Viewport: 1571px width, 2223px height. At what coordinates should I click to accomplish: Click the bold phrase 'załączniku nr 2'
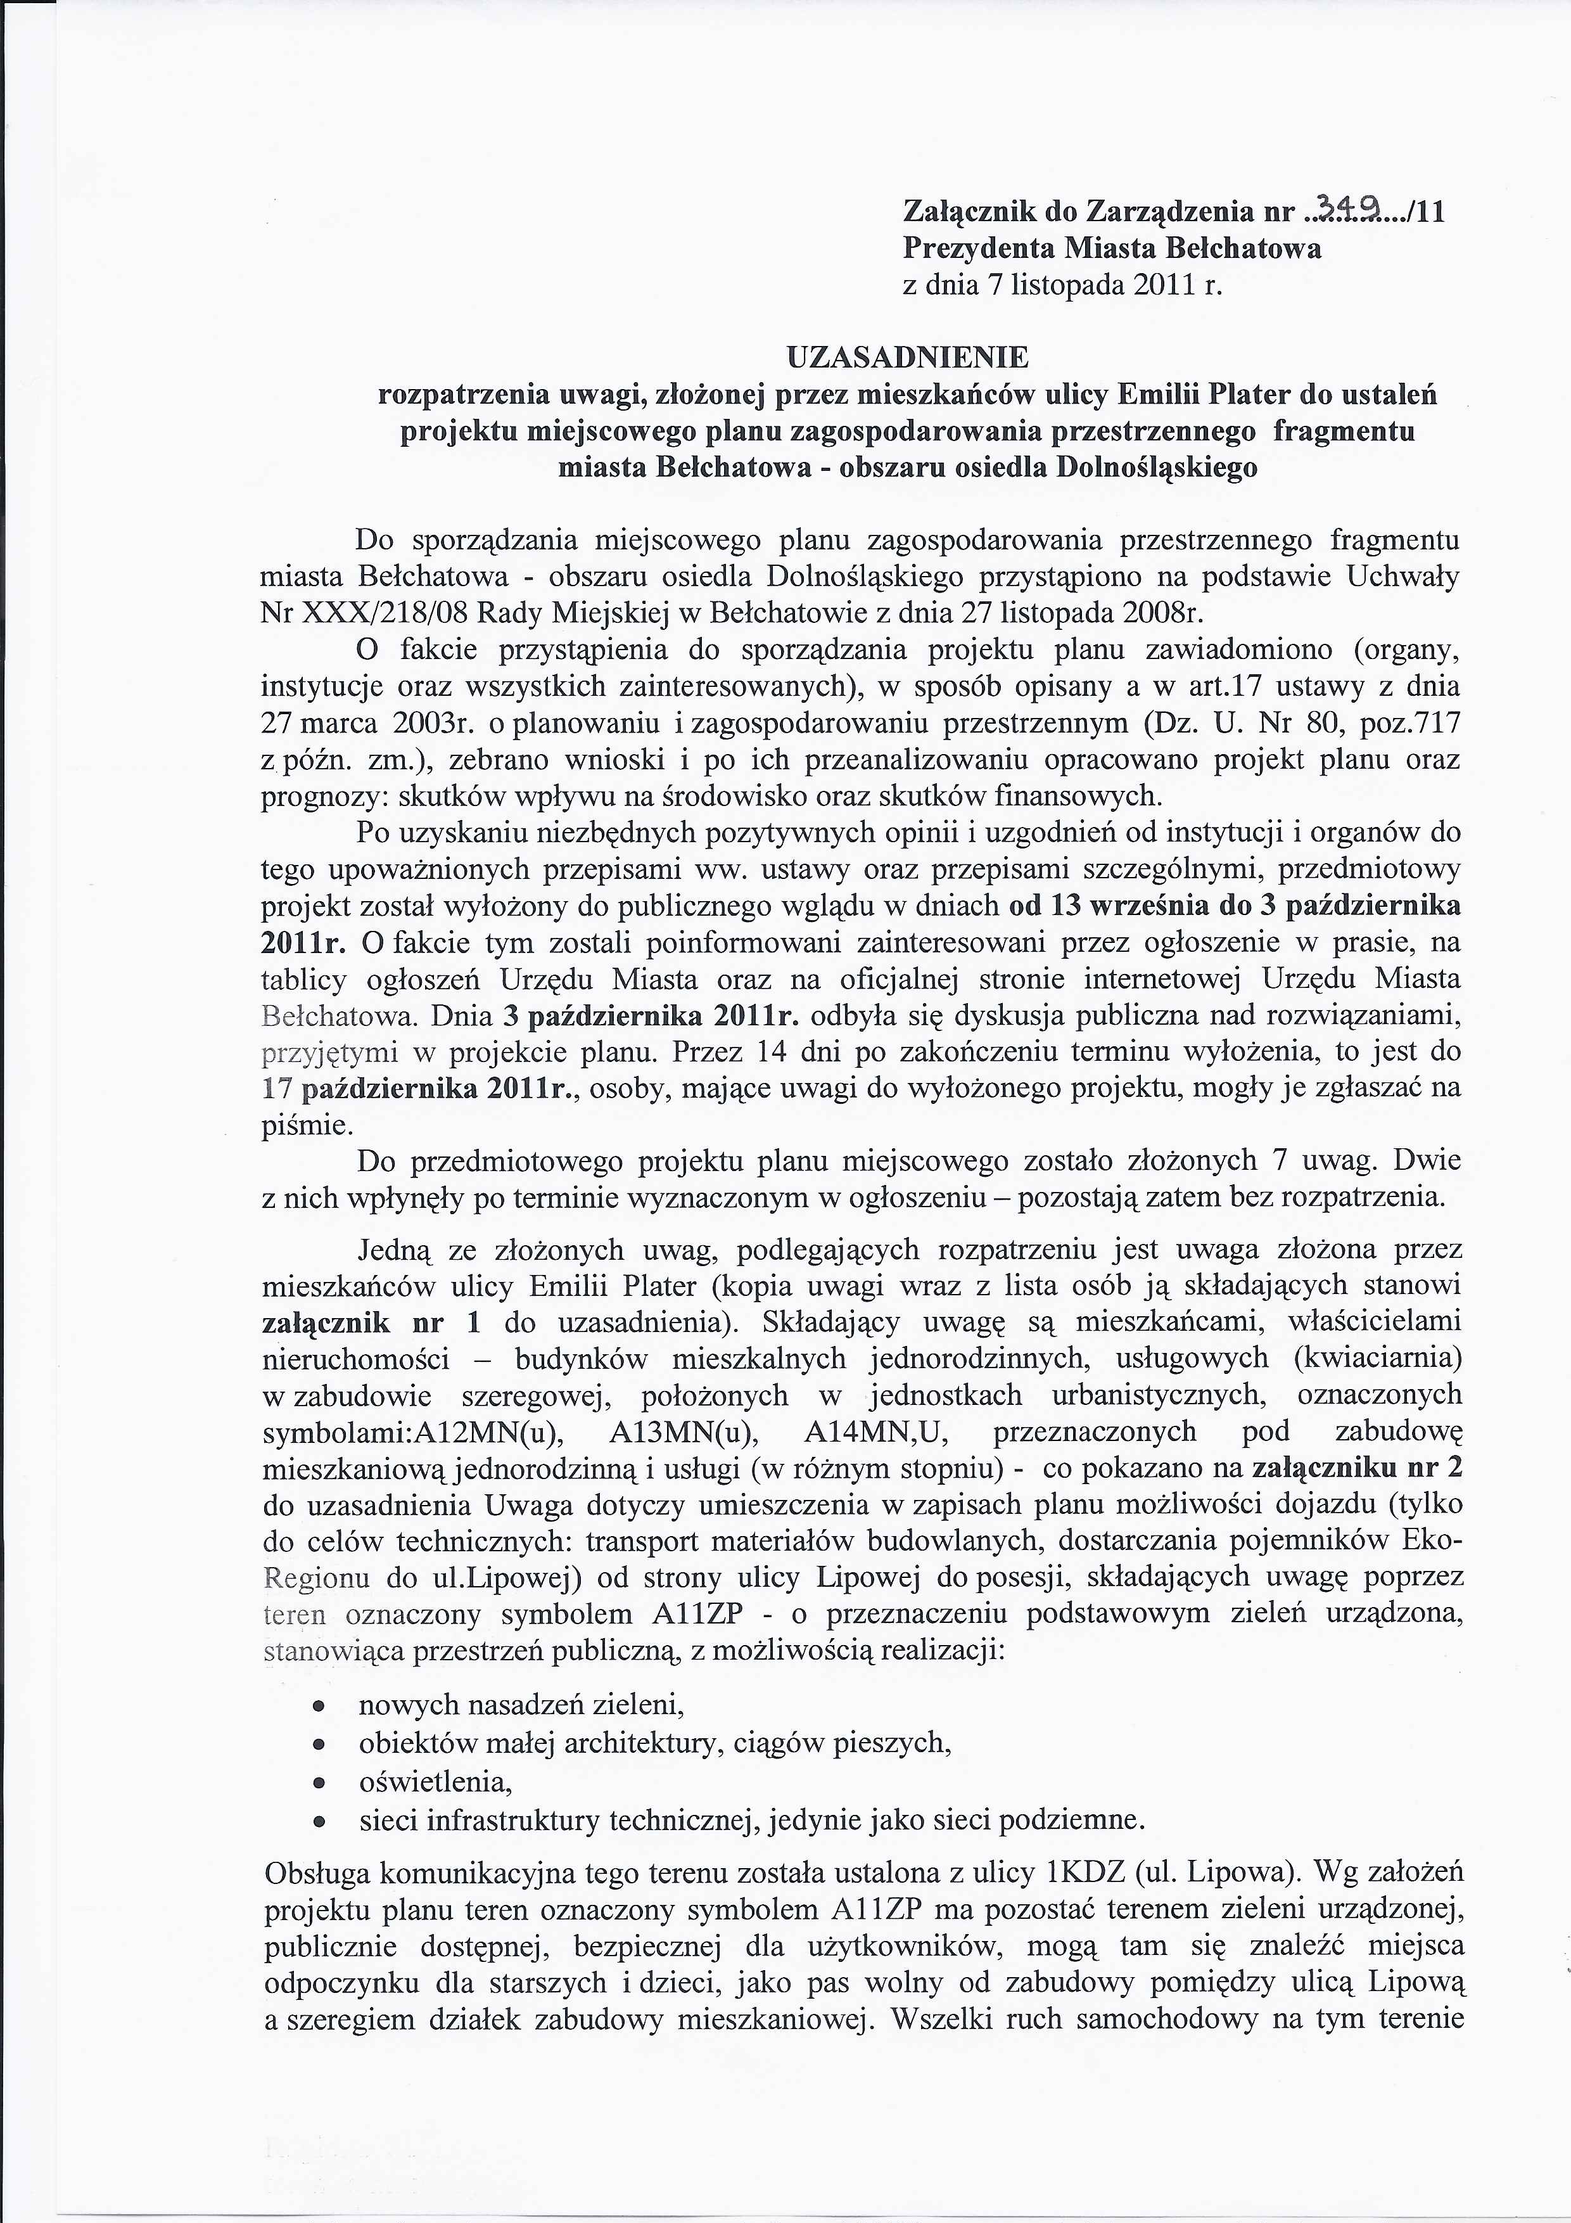pos(1357,1468)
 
